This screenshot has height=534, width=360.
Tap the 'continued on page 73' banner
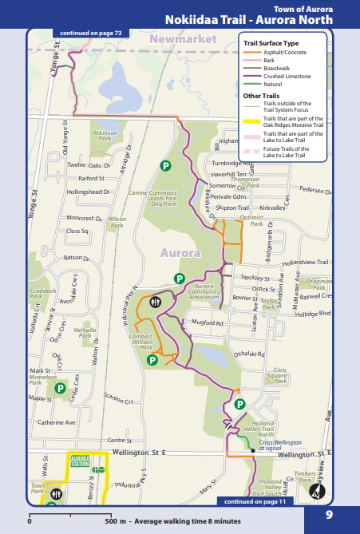tap(90, 34)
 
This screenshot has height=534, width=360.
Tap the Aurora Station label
tap(81, 461)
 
